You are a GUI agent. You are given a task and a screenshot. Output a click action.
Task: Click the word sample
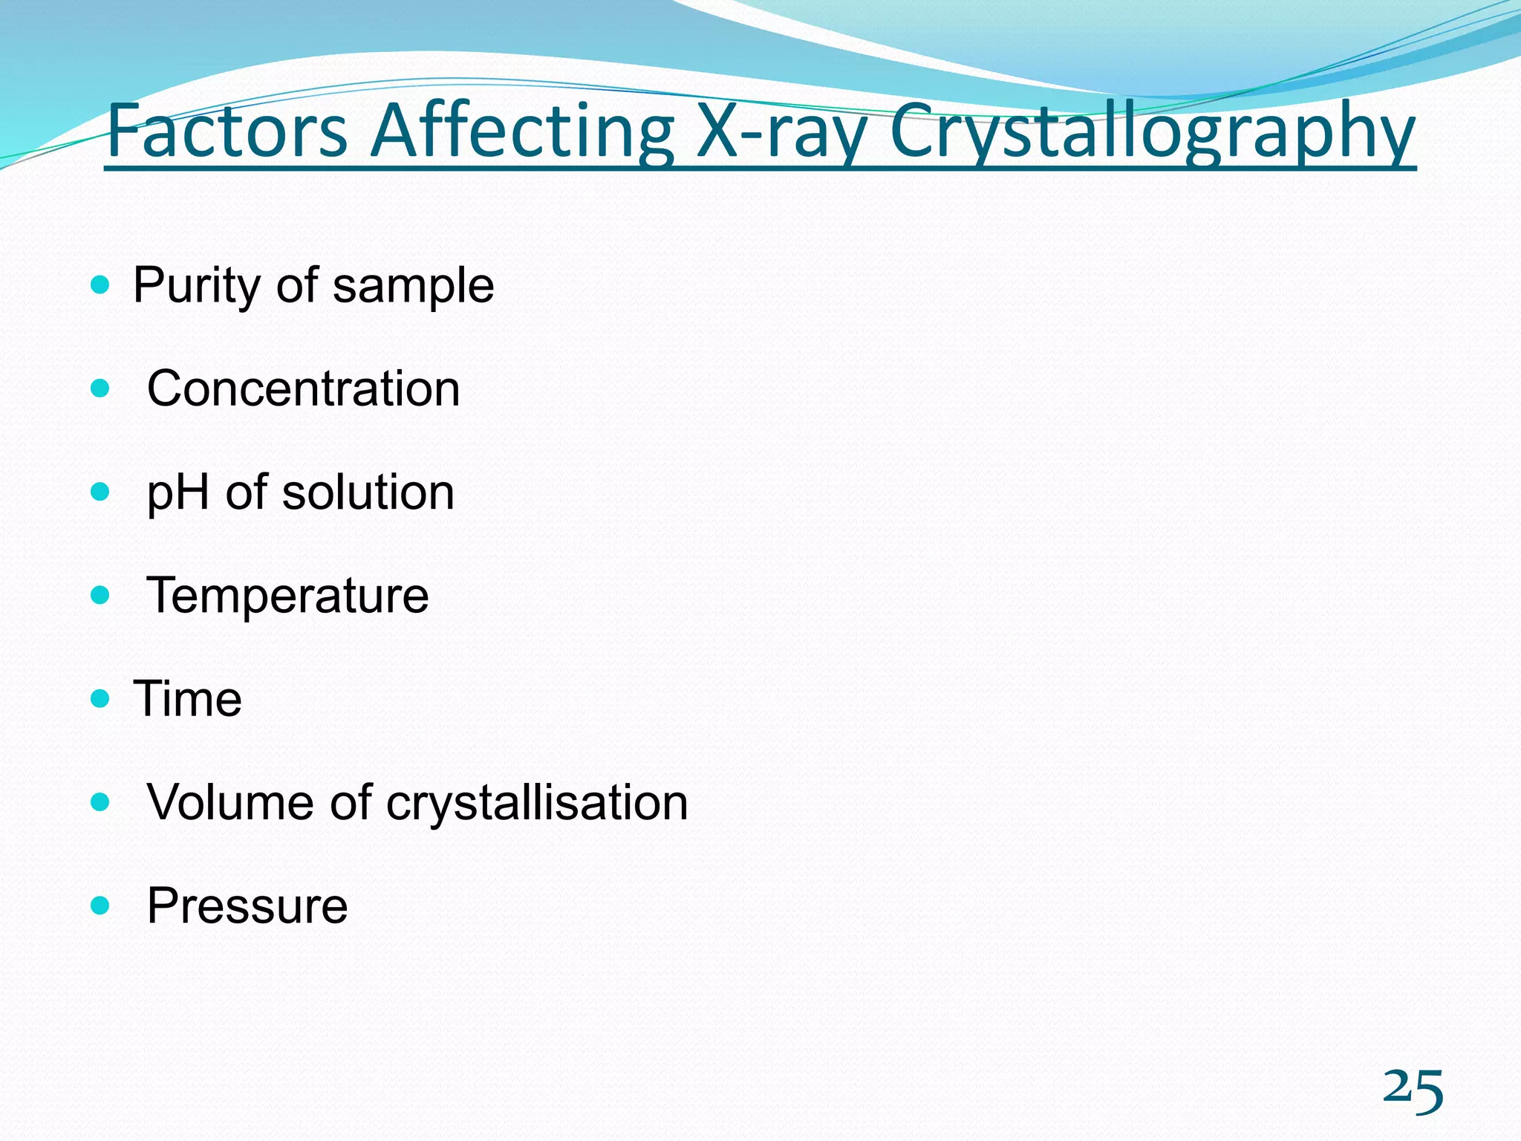pyautogui.click(x=413, y=285)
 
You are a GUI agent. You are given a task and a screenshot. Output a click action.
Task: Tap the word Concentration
pyautogui.click(x=303, y=389)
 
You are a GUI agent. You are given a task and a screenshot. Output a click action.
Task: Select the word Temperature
pyautogui.click(x=287, y=596)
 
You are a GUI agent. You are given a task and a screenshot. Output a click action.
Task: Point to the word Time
pyautogui.click(x=187, y=699)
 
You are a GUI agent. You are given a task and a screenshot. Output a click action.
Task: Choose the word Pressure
pyautogui.click(x=247, y=906)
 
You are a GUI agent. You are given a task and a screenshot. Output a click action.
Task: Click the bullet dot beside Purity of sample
pyautogui.click(x=100, y=285)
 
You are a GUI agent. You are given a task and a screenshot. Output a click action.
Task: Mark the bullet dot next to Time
pyautogui.click(x=100, y=698)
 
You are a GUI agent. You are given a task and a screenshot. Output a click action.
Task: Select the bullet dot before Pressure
pyautogui.click(x=100, y=906)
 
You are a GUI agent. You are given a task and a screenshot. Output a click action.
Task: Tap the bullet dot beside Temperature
pyautogui.click(x=100, y=595)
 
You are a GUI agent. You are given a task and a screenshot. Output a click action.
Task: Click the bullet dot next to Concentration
pyautogui.click(x=100, y=388)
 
